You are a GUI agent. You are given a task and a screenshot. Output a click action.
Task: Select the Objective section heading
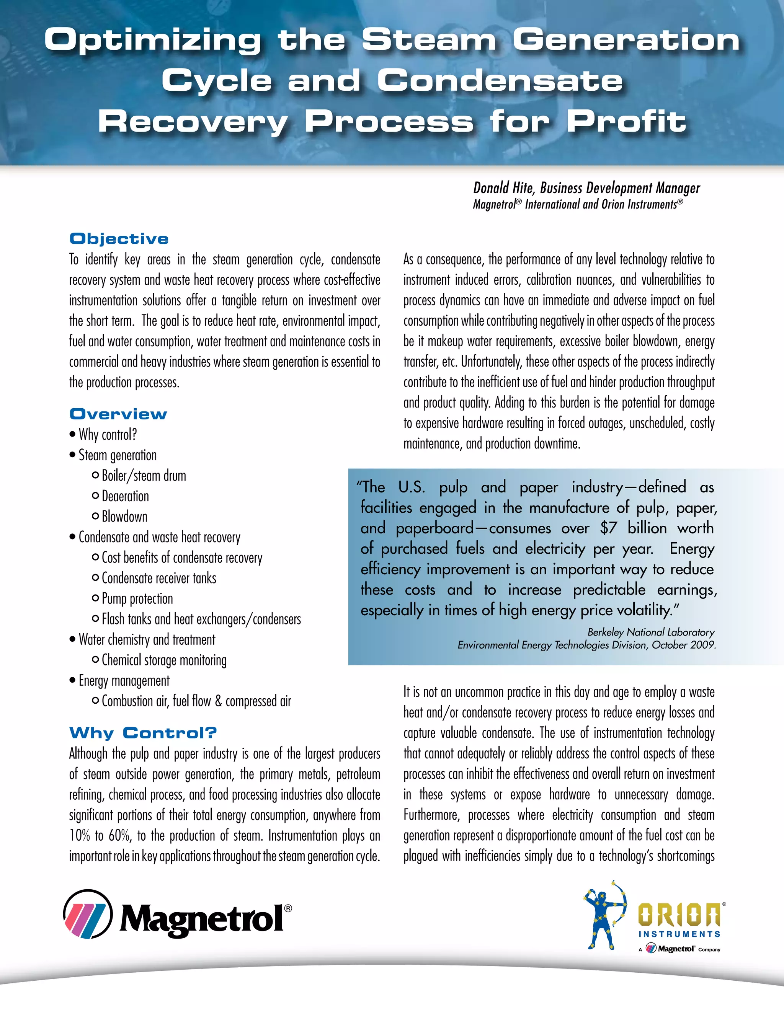[119, 239]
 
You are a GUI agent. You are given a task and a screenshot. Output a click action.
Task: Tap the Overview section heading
[118, 414]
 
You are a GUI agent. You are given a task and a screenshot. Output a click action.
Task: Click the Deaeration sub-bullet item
[125, 496]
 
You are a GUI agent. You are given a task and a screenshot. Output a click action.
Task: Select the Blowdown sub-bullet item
[124, 517]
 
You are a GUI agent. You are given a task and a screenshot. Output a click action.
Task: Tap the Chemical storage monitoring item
[164, 660]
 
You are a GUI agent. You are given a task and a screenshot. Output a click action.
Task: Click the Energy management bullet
[124, 681]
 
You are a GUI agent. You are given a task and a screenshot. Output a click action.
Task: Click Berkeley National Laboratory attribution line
[651, 632]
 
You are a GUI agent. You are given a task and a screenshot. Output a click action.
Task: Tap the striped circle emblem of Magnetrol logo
[88, 913]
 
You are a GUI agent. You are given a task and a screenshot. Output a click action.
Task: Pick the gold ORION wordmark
[679, 915]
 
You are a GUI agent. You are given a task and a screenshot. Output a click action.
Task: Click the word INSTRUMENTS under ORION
[679, 934]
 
